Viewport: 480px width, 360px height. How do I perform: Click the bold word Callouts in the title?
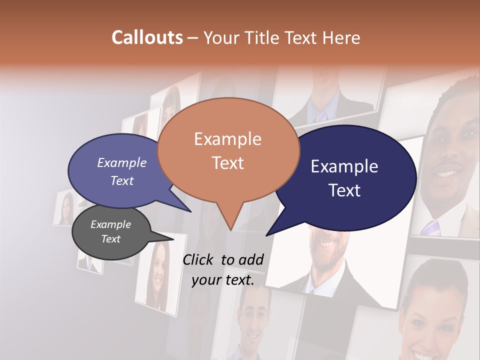(x=147, y=37)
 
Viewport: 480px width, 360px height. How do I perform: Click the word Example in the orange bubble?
(x=227, y=139)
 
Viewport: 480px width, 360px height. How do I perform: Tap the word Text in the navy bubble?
(x=344, y=190)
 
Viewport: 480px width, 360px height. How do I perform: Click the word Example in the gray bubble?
(x=111, y=224)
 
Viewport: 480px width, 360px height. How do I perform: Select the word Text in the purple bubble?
(x=122, y=180)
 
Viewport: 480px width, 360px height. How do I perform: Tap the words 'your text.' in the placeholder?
(x=223, y=280)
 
